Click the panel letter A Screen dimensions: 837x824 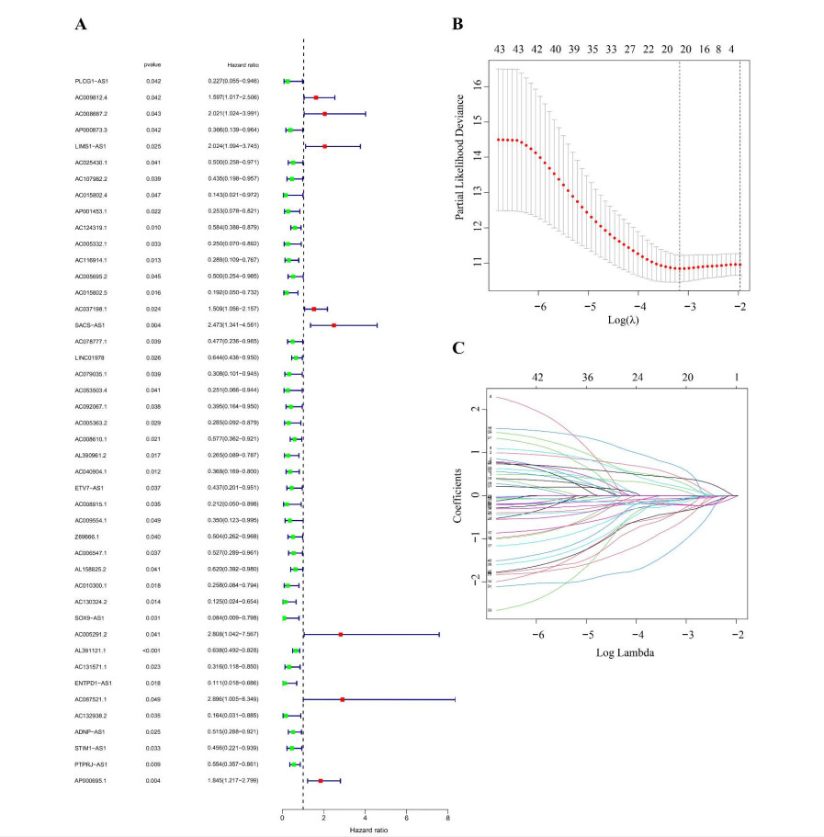[x=81, y=25]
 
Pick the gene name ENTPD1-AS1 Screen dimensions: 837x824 [x=94, y=683]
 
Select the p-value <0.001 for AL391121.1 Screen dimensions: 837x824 [x=153, y=650]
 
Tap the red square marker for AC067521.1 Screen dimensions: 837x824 [x=343, y=699]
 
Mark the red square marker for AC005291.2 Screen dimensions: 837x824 [x=340, y=634]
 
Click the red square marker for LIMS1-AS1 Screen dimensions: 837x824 [x=324, y=146]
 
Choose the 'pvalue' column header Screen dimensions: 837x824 [x=152, y=64]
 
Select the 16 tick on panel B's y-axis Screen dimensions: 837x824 [x=479, y=85]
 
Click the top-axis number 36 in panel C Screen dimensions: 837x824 [x=588, y=377]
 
